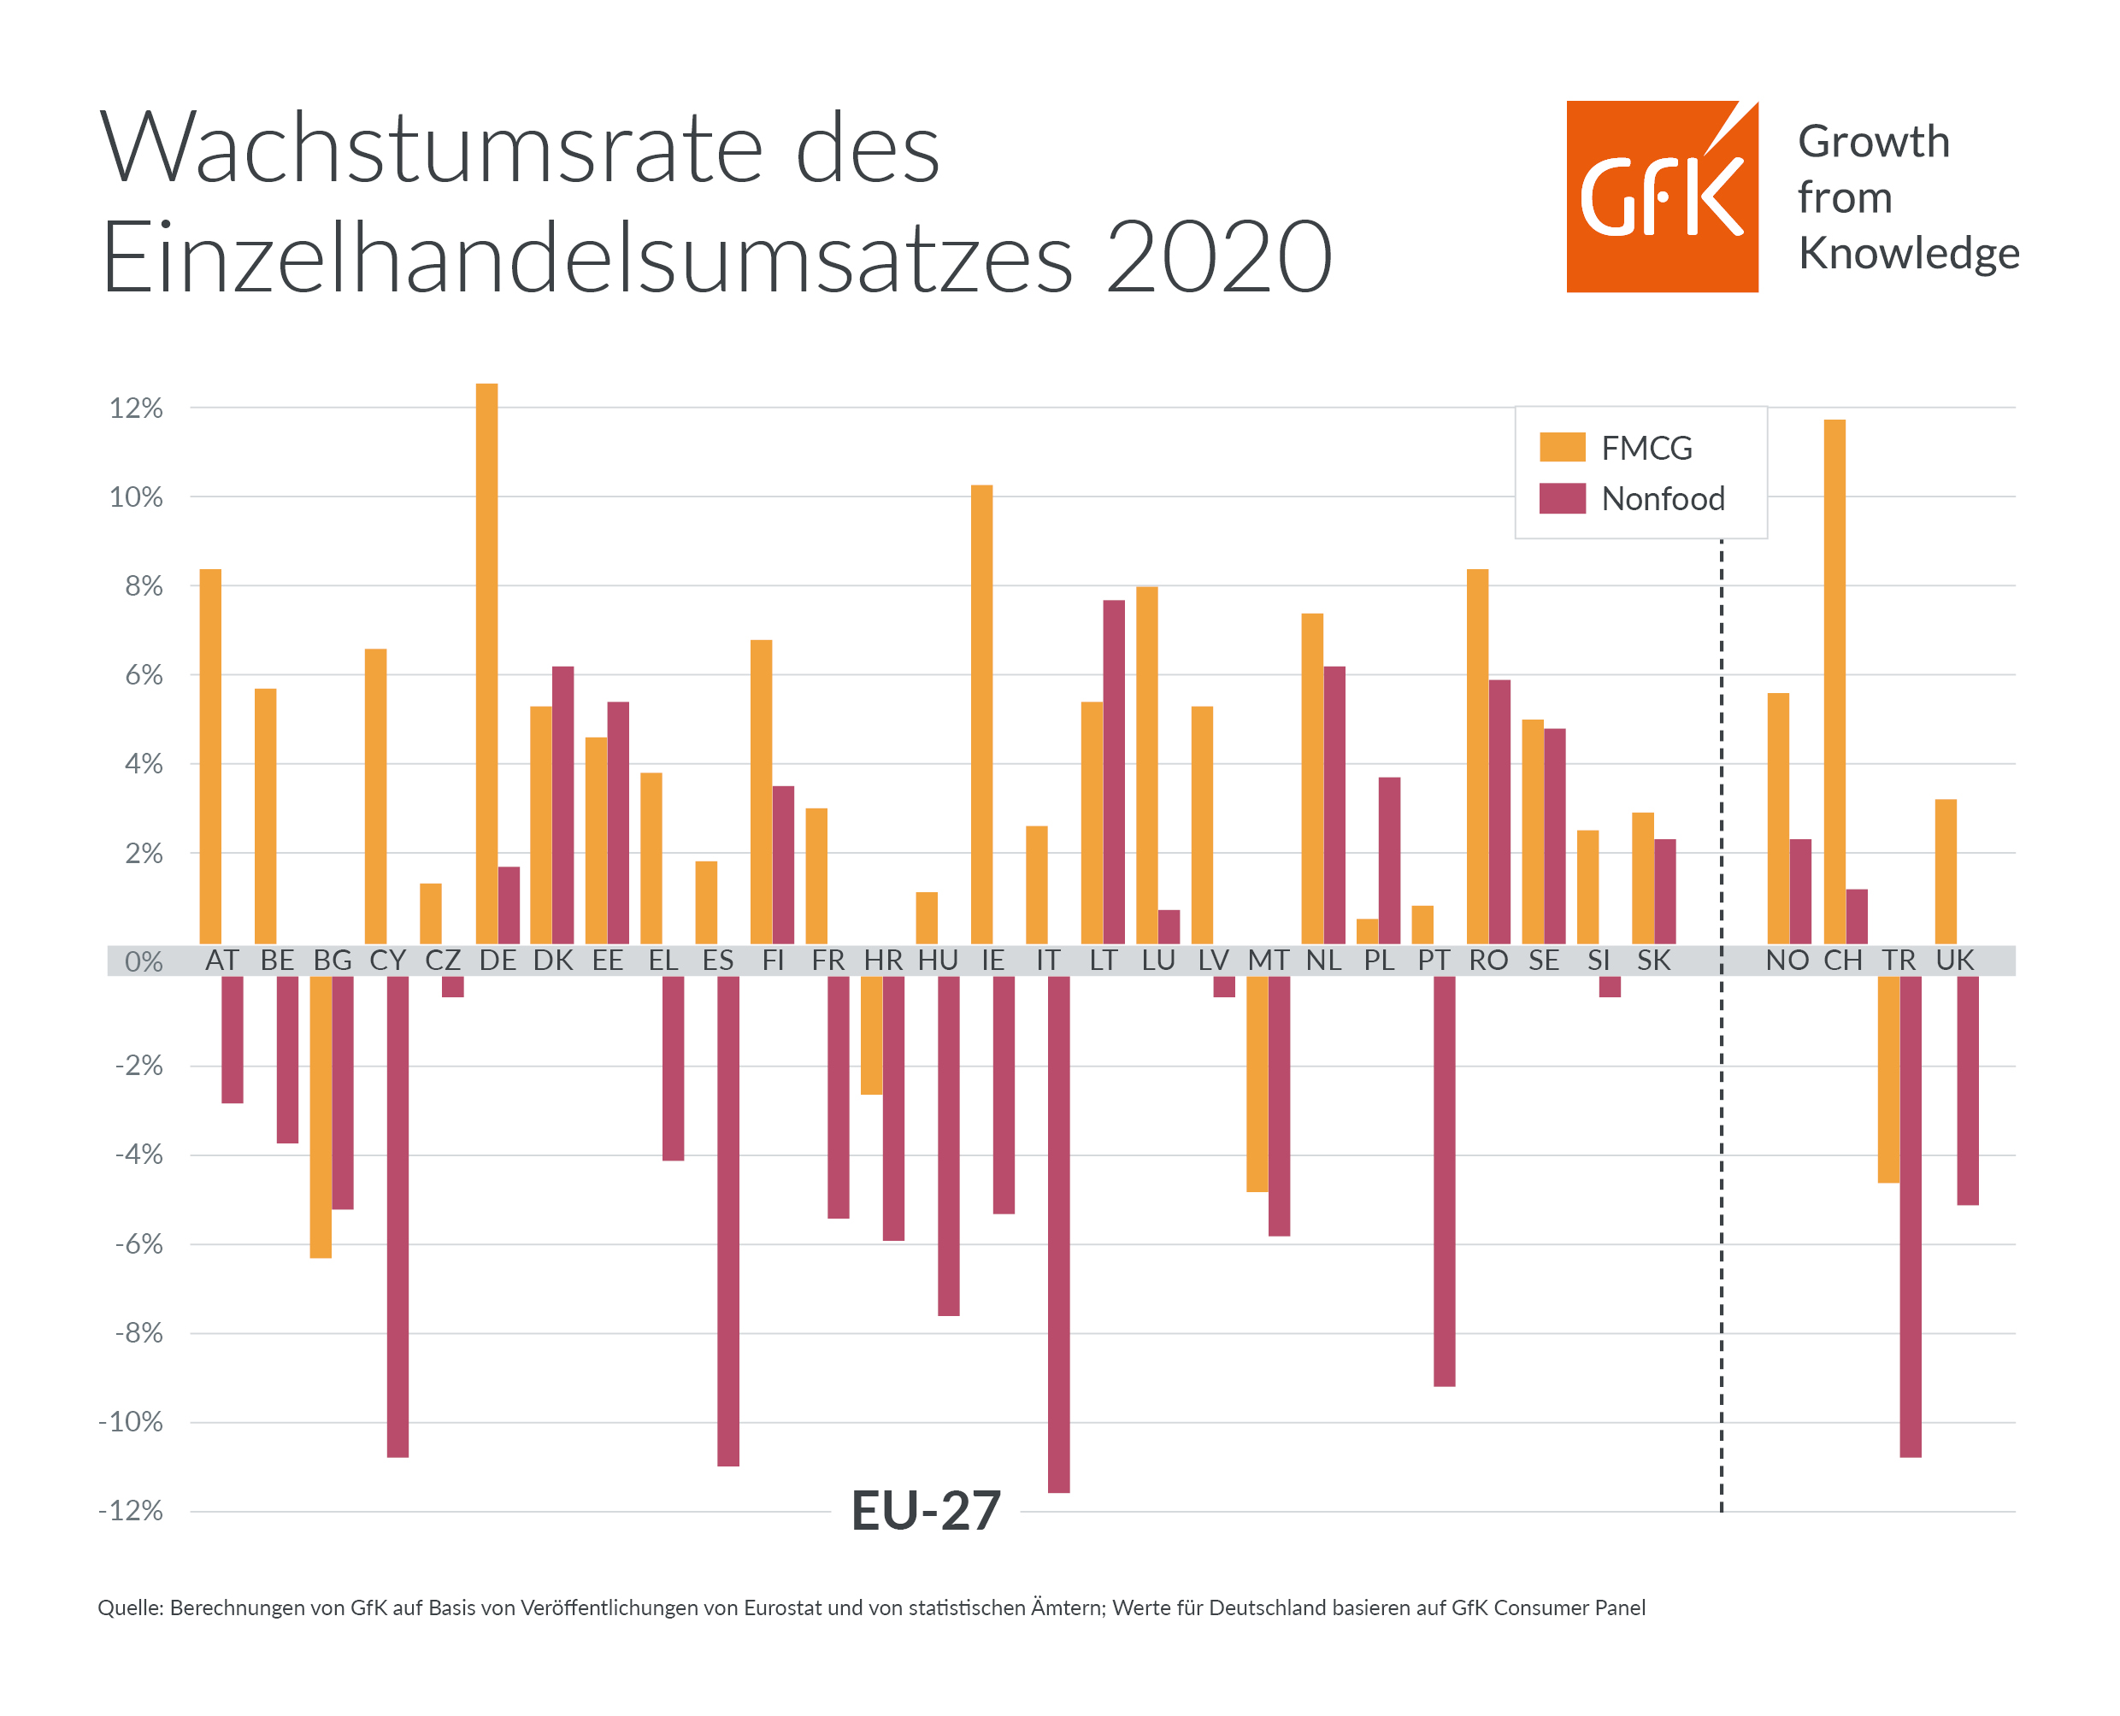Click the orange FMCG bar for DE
pyautogui.click(x=486, y=662)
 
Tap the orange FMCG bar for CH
pyautogui.click(x=1834, y=682)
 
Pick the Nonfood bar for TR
pyautogui.click(x=1911, y=1216)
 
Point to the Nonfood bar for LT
pyautogui.click(x=1113, y=771)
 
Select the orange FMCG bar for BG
pyautogui.click(x=321, y=1117)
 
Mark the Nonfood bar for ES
pyautogui.click(x=727, y=1221)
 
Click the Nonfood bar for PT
pyautogui.click(x=1444, y=1181)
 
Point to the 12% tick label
pyautogui.click(x=137, y=408)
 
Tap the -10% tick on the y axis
pyautogui.click(x=131, y=1422)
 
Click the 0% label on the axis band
pyautogui.click(x=144, y=961)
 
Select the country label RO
pyautogui.click(x=1488, y=961)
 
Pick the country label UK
pyautogui.click(x=1955, y=961)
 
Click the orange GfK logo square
pyautogui.click(x=1662, y=197)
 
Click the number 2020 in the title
pyautogui.click(x=1218, y=257)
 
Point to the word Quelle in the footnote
pyautogui.click(x=130, y=1608)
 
